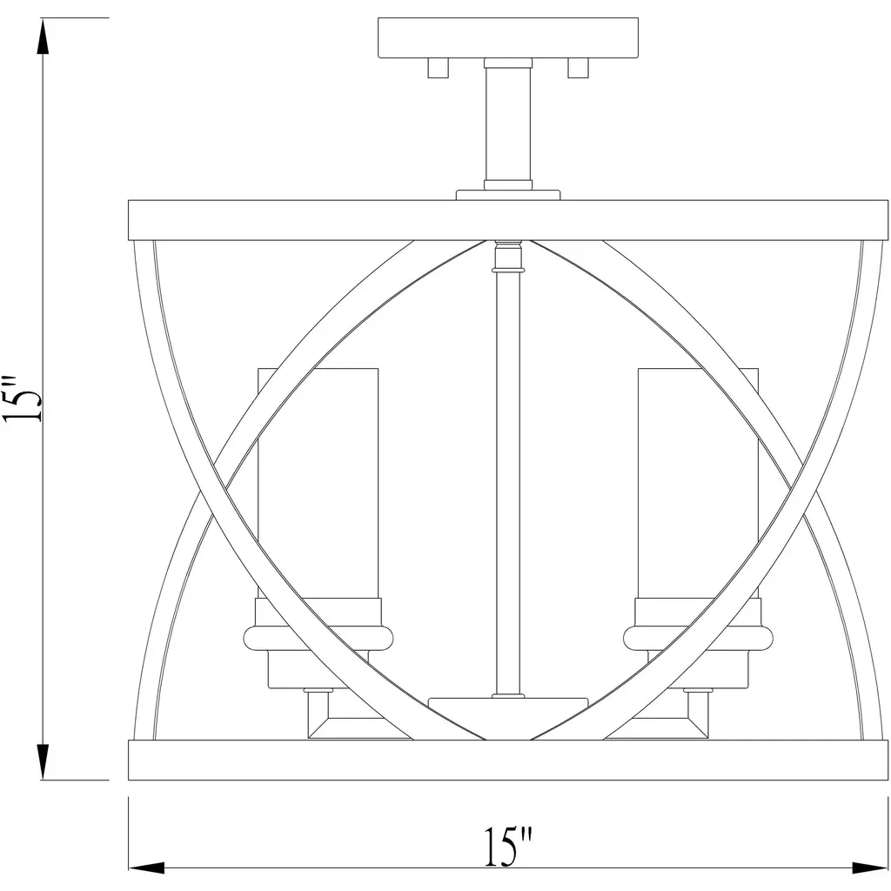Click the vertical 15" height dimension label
23,399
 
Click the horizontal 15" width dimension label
508,847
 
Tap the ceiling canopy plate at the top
508,38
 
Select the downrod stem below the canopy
508,124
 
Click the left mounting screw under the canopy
439,68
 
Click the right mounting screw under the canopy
578,68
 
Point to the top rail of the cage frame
508,220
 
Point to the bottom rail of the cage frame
508,760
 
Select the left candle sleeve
318,483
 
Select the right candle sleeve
698,483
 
